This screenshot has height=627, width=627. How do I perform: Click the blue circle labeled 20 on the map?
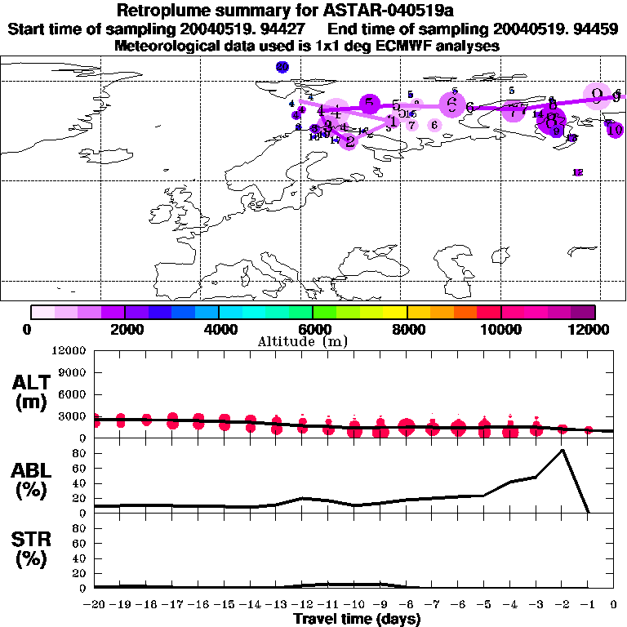[x=282, y=67]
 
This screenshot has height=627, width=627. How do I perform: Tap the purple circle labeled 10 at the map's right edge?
[x=615, y=129]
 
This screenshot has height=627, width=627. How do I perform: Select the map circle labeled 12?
[x=578, y=172]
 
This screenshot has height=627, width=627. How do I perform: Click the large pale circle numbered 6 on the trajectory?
[x=451, y=104]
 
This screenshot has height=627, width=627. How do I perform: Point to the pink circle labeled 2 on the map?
[x=350, y=141]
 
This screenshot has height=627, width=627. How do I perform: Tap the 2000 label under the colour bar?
[x=123, y=329]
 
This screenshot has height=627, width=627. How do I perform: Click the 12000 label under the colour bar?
[x=594, y=329]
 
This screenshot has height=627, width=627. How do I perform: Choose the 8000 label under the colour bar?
[x=406, y=329]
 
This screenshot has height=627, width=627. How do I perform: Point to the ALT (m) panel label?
[x=33, y=393]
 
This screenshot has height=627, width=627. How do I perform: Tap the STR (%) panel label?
[x=33, y=549]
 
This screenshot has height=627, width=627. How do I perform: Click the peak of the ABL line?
[x=562, y=450]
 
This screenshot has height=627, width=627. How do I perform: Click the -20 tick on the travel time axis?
[x=95, y=606]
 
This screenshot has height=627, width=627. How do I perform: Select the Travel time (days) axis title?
[x=357, y=620]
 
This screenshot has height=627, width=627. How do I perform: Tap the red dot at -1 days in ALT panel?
[x=588, y=429]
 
